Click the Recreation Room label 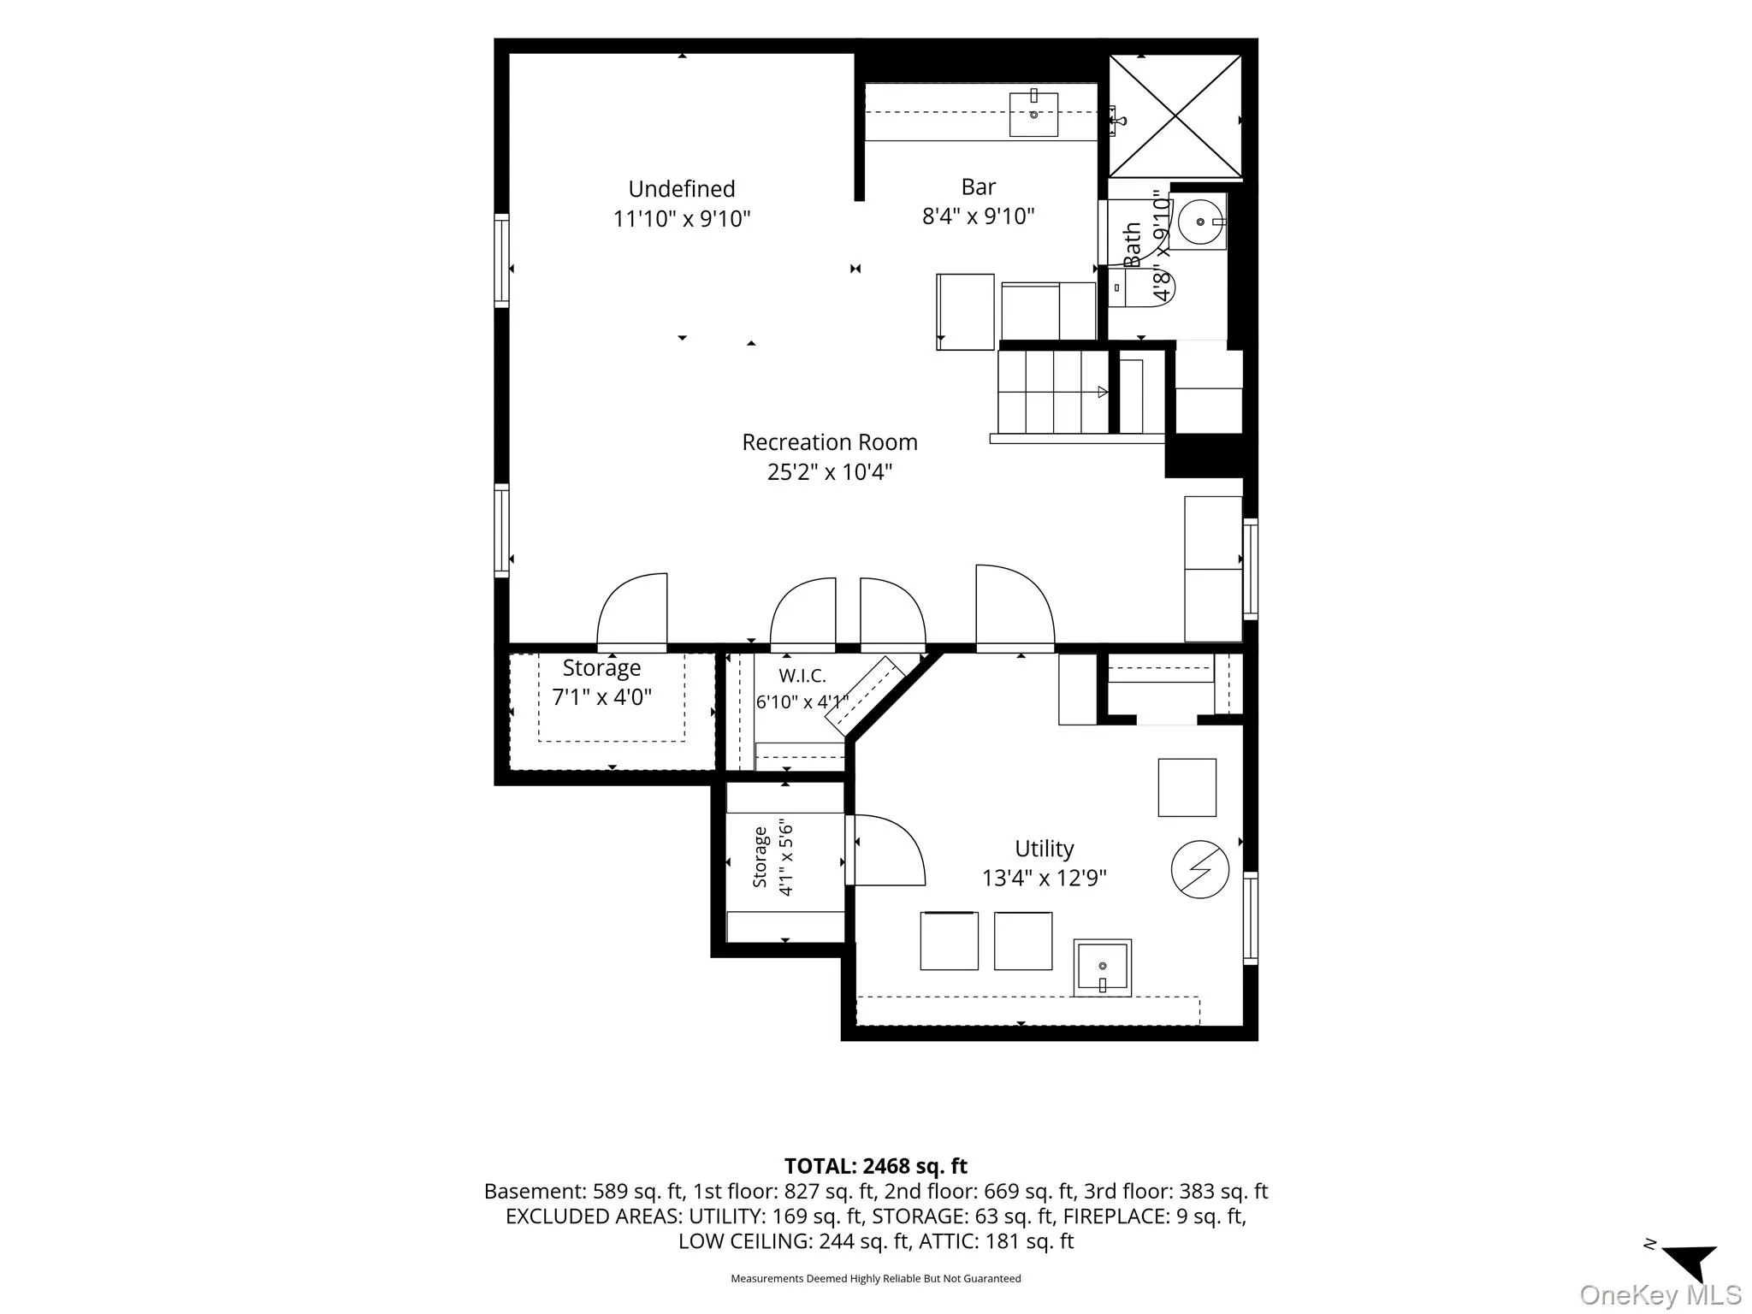click(x=829, y=442)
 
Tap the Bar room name click(x=979, y=186)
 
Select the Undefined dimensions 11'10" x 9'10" click(x=682, y=219)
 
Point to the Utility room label click(x=1044, y=849)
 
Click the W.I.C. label click(x=802, y=676)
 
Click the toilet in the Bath click(x=1142, y=287)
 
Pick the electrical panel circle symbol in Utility click(x=1200, y=869)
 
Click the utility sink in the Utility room click(x=1103, y=968)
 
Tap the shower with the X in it click(x=1175, y=116)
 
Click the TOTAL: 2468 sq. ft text click(x=876, y=1166)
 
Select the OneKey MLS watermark click(x=1660, y=1295)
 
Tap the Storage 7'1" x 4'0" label click(x=601, y=683)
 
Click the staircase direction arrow click(x=1103, y=392)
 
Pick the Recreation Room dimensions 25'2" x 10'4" click(x=830, y=472)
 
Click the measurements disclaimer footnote click(x=876, y=1279)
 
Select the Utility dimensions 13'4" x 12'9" click(x=1045, y=879)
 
